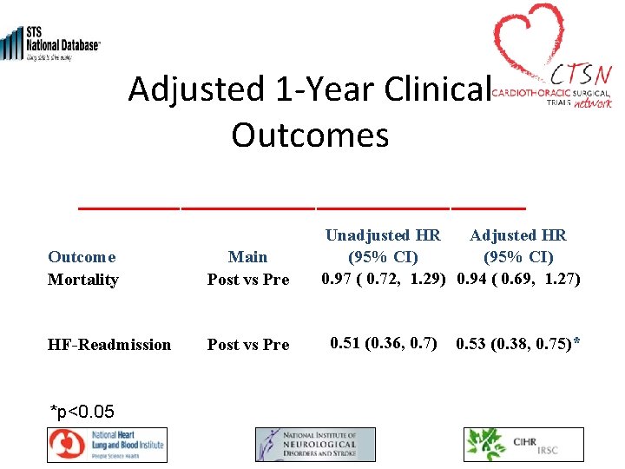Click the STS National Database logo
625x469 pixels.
click(x=50, y=42)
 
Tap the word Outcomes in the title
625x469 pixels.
click(x=310, y=135)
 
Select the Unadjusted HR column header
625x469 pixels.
click(x=383, y=246)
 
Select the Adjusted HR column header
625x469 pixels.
click(x=518, y=246)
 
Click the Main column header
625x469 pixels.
click(x=248, y=256)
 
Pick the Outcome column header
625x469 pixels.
click(x=82, y=256)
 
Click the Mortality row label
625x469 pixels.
click(x=82, y=279)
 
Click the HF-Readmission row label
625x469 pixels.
click(x=109, y=345)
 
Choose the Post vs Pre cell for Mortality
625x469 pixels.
click(x=248, y=279)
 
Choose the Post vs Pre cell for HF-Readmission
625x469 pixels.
click(x=248, y=345)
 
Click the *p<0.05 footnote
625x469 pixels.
click(x=82, y=410)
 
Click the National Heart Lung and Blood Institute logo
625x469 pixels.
click(x=107, y=445)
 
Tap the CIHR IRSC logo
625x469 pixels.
click(x=523, y=445)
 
